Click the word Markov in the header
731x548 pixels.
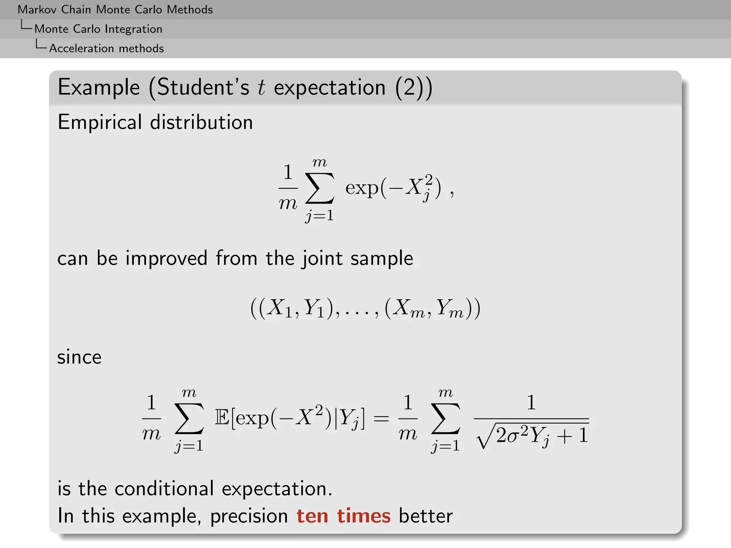coord(37,10)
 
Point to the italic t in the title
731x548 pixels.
coord(262,87)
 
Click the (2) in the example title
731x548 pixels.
coord(409,87)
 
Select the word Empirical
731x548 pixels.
coord(100,122)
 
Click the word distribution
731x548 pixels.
coord(201,122)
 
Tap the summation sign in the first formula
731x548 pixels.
coord(320,188)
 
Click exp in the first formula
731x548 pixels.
coord(362,188)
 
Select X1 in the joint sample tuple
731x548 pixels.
coord(280,308)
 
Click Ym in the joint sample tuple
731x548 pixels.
coord(450,308)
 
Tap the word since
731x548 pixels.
coord(79,357)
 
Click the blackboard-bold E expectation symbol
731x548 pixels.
coord(222,418)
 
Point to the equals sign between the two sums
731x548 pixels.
coord(381,418)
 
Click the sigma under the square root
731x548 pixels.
coord(513,436)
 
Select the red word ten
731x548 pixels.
coord(312,516)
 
